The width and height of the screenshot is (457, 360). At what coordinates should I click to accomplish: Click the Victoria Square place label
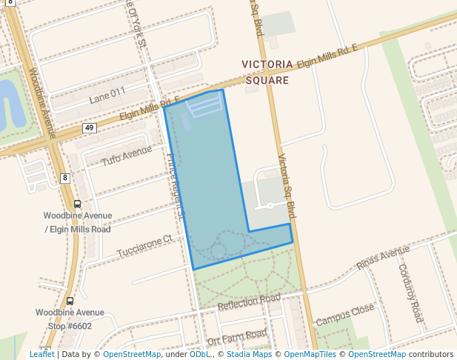(267, 72)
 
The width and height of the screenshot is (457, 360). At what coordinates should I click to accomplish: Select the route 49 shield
(90, 128)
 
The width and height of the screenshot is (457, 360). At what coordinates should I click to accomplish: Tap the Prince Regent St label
(175, 186)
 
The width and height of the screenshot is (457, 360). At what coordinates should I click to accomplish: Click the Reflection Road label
(249, 302)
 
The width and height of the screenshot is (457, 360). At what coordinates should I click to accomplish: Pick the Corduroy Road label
(410, 293)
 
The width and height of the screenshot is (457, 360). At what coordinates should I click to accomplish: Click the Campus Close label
(345, 316)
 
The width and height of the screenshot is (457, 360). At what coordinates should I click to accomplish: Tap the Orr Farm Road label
(236, 337)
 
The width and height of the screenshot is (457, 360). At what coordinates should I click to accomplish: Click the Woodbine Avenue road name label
(41, 103)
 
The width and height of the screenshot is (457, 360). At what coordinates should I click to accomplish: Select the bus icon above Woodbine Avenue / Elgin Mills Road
(77, 204)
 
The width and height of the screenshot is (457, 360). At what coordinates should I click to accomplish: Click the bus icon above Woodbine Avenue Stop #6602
(70, 301)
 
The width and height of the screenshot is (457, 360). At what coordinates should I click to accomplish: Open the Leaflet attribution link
(41, 354)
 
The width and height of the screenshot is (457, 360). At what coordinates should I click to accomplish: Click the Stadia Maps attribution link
(249, 354)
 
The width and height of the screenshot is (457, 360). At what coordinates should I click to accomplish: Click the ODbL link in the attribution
(200, 354)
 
